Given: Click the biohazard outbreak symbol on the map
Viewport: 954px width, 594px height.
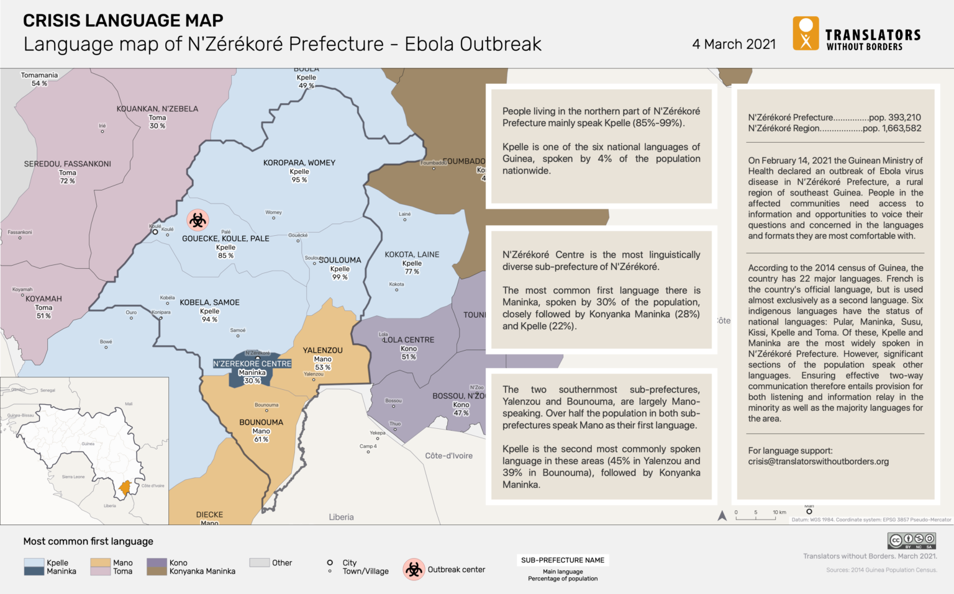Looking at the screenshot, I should [198, 220].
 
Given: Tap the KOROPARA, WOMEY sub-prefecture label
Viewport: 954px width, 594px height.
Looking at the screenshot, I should [299, 163].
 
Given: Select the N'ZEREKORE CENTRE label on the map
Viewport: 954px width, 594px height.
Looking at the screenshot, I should [252, 364].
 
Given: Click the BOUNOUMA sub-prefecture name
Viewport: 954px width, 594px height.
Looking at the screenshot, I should [261, 422].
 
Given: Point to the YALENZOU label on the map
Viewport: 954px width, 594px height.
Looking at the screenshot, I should [322, 350].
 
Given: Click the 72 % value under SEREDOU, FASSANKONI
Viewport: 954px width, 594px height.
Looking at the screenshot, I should [67, 181].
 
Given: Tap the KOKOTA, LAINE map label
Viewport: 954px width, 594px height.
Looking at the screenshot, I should [411, 254].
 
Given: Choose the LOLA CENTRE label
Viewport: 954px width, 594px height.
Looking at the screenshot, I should [409, 340].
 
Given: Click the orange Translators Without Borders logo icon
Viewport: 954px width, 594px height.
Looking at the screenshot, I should [806, 34].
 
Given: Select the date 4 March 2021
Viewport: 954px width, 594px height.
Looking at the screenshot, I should [734, 44].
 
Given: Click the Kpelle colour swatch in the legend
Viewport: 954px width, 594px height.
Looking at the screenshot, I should [34, 562].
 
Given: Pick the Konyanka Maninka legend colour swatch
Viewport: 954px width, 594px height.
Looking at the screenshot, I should [157, 571].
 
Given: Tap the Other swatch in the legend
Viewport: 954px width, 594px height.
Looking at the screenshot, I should [259, 562].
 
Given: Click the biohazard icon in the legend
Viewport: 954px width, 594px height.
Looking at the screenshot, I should [414, 569].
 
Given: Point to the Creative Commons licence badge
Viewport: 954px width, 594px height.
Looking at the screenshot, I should [911, 540].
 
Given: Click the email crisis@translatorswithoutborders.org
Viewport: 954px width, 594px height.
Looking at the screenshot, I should [818, 461].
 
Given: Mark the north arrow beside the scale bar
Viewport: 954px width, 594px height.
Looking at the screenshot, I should [722, 515].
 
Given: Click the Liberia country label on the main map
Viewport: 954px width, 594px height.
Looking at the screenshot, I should [341, 517].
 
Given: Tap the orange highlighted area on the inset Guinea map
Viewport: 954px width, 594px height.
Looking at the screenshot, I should [125, 488].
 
